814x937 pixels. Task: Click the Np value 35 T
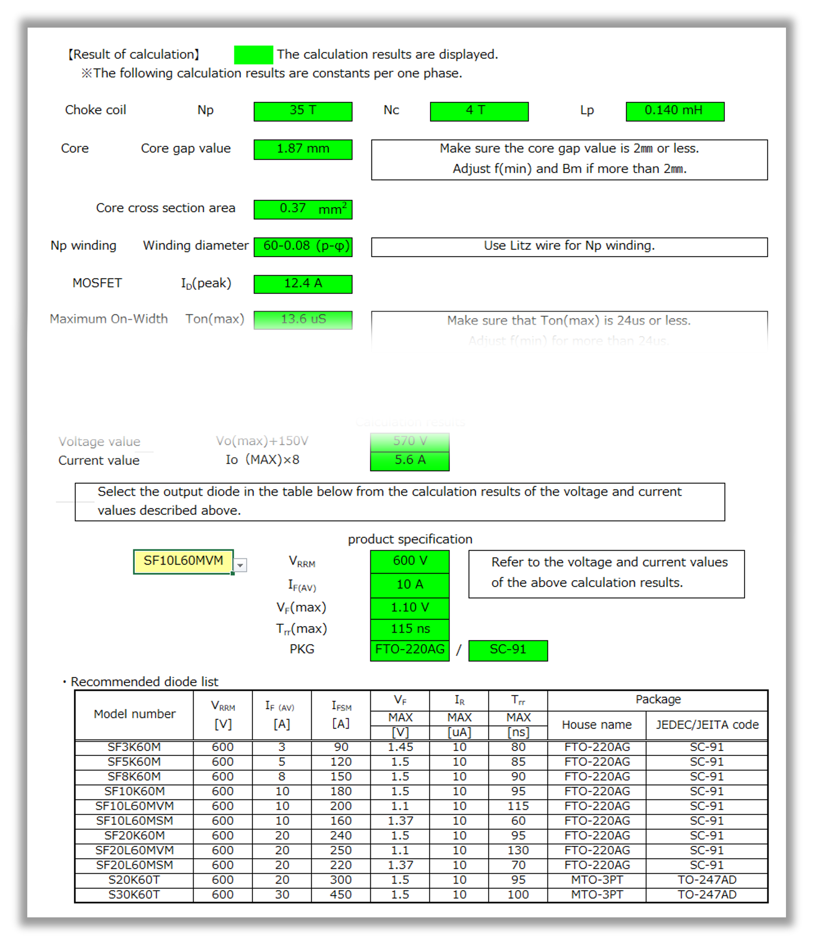303,111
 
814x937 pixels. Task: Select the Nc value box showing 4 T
479,111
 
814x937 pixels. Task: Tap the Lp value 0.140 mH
675,111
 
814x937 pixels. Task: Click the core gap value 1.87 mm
303,150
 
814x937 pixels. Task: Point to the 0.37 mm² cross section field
303,209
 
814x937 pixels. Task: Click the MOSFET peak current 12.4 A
303,284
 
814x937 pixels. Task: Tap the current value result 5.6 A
409,461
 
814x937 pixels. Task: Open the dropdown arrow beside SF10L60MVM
240,565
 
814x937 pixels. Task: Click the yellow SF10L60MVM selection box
183,561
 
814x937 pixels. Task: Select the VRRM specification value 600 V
409,561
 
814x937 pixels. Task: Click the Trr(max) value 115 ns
409,629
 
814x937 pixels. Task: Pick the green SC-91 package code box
507,650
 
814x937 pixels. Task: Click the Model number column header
134,714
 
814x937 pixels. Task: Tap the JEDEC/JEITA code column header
706,725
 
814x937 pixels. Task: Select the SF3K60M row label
134,747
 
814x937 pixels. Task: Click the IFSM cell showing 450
341,895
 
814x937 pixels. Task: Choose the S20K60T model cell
134,880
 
